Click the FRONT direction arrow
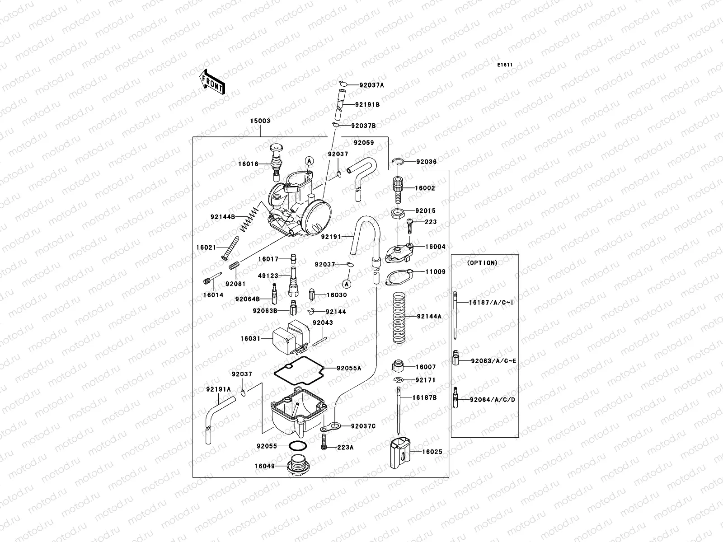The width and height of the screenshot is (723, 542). (212, 82)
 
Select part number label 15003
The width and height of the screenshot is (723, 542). (260, 121)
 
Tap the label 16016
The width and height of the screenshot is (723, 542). (249, 164)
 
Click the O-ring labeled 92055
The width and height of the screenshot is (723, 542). (297, 446)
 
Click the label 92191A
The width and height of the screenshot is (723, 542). (218, 389)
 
